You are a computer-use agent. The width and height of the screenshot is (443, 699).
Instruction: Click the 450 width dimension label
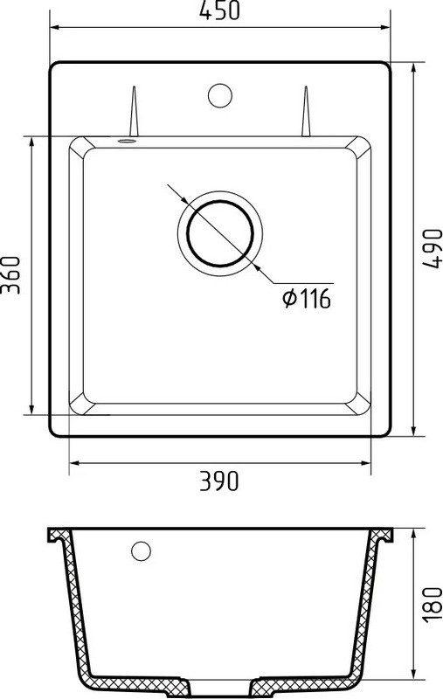pos(219,10)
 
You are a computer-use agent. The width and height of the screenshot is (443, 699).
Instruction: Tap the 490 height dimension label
pos(432,249)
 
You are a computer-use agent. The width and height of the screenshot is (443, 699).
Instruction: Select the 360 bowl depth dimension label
pos(10,274)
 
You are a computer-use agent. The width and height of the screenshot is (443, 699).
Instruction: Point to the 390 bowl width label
pos(218,481)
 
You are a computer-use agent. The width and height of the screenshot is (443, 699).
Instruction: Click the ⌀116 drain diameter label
pos(307,298)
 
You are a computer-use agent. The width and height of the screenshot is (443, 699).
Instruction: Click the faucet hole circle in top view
pos(220,95)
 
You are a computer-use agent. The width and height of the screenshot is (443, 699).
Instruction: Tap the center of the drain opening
pos(220,233)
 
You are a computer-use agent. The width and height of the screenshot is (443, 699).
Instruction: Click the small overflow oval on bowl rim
pos(127,141)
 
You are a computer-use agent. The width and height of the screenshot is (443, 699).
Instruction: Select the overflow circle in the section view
pos(141,551)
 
